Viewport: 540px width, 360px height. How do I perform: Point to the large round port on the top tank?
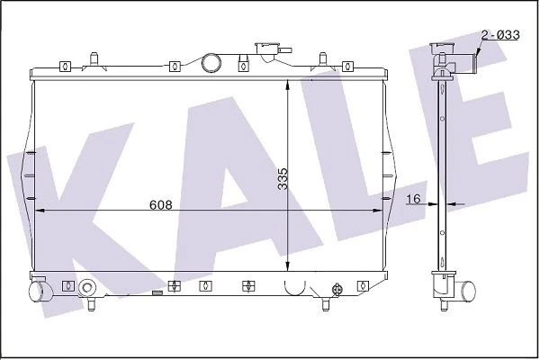pos(211,62)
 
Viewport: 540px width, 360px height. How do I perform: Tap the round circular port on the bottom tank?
pos(87,288)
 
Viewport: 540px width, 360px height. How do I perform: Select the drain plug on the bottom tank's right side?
pos(337,289)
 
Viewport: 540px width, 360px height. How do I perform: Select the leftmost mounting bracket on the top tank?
pos(64,66)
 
